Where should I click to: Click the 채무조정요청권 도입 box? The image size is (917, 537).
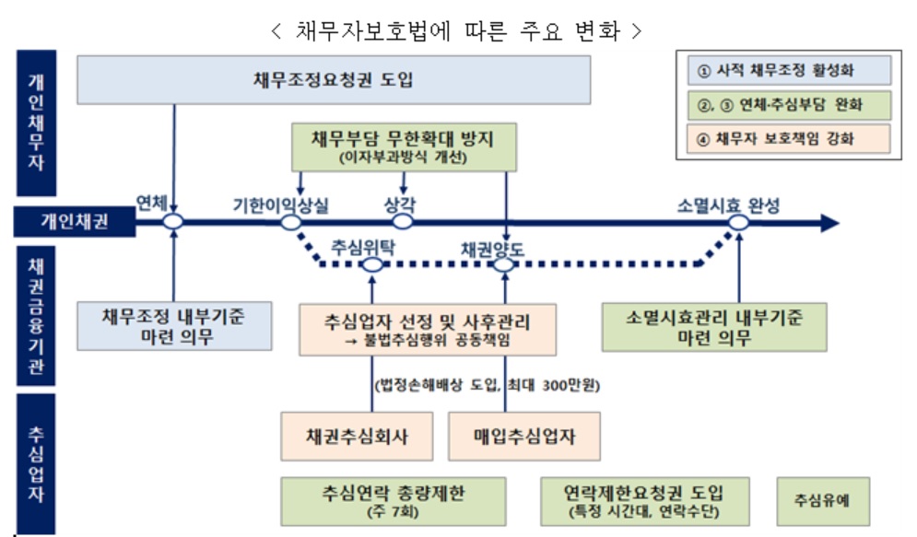click(333, 79)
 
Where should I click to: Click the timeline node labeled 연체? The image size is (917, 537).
click(172, 222)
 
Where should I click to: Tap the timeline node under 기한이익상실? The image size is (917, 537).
click(291, 222)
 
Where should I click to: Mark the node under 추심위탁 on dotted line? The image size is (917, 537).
click(372, 265)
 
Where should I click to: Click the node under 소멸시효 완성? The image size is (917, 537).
click(737, 222)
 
